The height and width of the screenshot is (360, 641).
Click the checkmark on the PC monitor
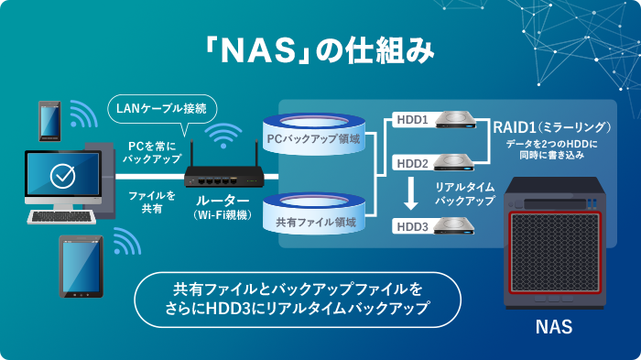tap(62, 173)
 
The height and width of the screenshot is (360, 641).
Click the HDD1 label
tap(412, 120)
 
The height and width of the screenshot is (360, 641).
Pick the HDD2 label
tap(412, 162)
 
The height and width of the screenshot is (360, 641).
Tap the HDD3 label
tap(412, 225)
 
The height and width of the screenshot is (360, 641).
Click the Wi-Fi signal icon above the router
tap(219, 137)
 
